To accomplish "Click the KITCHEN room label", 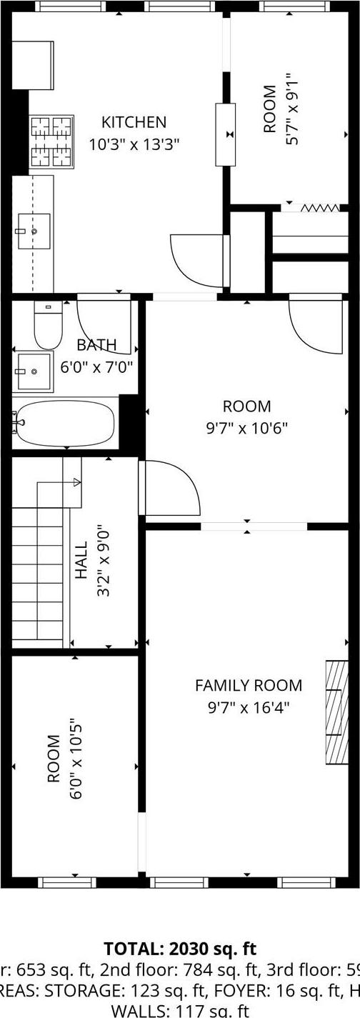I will [134, 122].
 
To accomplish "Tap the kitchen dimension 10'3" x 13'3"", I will [134, 144].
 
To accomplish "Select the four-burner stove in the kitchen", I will [52, 142].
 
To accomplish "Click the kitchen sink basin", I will [34, 231].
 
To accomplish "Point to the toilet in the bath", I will [48, 326].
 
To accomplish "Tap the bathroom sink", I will [34, 370].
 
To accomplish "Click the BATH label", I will [96, 345].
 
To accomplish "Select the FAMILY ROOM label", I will [248, 686].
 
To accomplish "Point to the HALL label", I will [81, 559].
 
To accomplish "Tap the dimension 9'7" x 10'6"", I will [247, 429].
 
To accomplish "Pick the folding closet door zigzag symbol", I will [320, 208].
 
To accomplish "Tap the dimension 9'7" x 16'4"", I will [248, 708].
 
